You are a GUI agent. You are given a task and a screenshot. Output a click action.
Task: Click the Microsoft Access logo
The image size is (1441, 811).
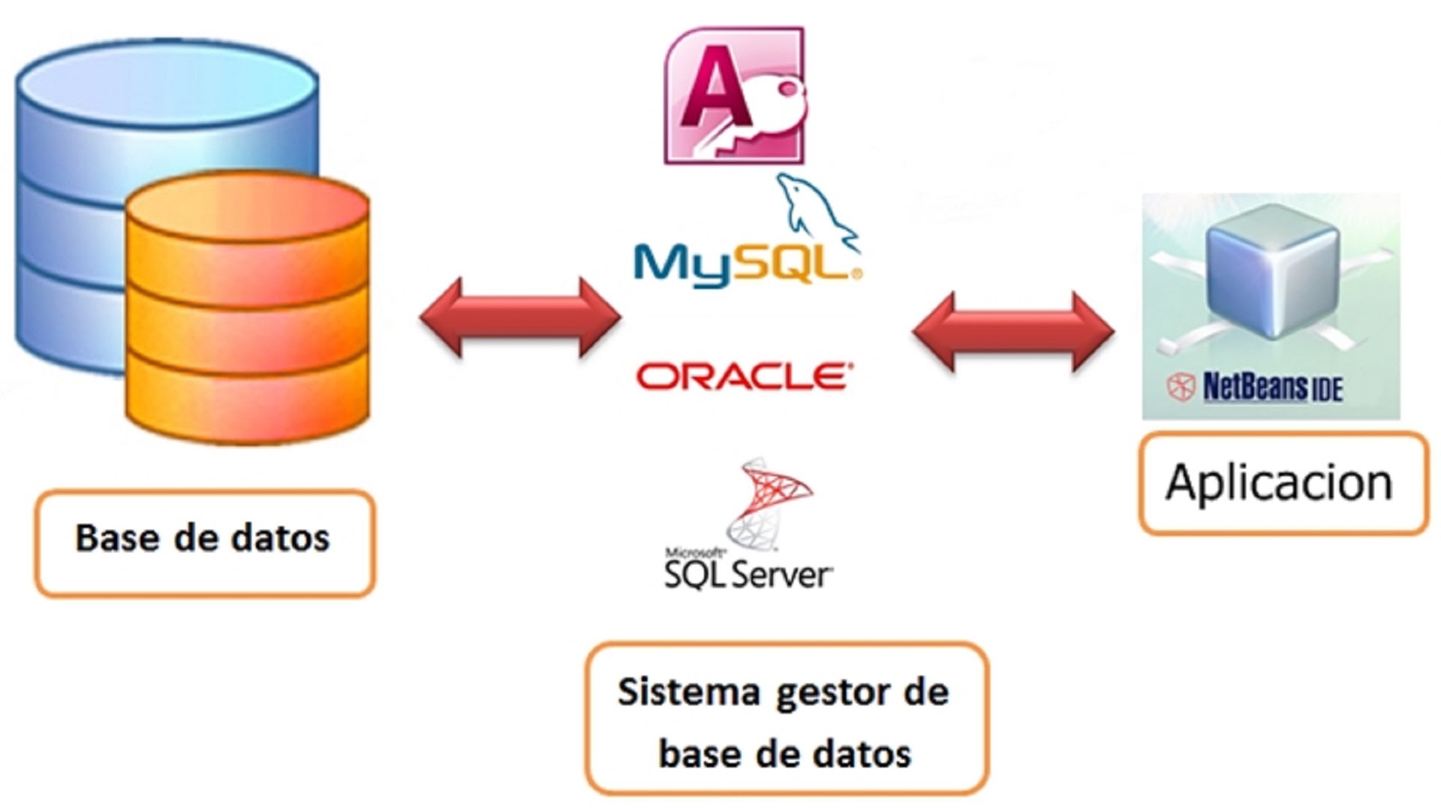pyautogui.click(x=733, y=95)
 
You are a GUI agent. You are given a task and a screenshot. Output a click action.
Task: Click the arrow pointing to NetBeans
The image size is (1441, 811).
pyautogui.click(x=1012, y=332)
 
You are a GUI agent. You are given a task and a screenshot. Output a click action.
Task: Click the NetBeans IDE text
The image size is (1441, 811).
pyautogui.click(x=1272, y=387)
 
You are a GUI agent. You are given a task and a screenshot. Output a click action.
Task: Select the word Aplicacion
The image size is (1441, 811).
pyautogui.click(x=1279, y=482)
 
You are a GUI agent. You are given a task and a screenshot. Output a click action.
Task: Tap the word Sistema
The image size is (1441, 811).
pyautogui.click(x=688, y=692)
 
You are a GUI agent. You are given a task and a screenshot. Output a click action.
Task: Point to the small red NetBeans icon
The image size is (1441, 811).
pyautogui.click(x=1181, y=387)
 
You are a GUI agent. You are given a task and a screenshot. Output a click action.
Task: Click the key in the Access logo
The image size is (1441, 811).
pyautogui.click(x=773, y=113)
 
